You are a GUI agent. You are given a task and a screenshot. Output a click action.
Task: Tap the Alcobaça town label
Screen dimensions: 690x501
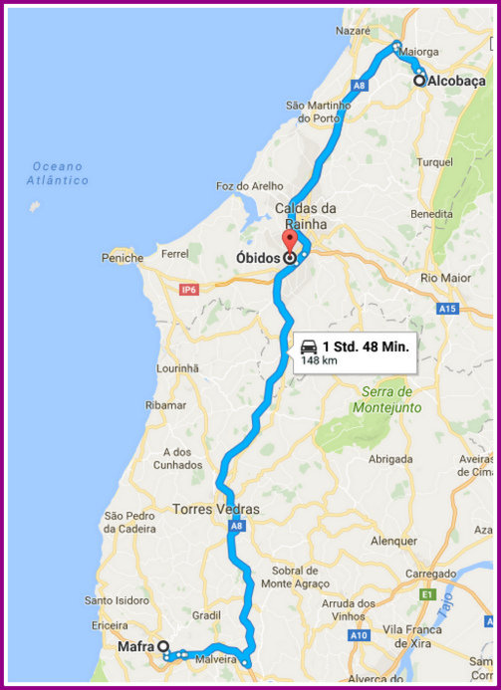click(x=455, y=82)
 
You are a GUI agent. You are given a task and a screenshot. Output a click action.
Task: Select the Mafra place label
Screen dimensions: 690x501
click(x=135, y=646)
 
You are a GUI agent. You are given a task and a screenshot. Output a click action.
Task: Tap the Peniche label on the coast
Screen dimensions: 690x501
click(x=123, y=258)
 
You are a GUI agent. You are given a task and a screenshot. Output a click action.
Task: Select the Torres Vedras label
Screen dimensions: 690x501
click(x=215, y=509)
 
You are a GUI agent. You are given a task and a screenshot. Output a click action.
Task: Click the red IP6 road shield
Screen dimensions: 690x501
click(x=188, y=290)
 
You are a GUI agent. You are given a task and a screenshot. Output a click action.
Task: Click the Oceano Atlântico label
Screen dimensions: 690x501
click(x=58, y=173)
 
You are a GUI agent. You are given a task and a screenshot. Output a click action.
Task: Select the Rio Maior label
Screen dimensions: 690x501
click(x=444, y=277)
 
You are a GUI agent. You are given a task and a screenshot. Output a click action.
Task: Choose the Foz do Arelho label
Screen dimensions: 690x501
click(x=244, y=185)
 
